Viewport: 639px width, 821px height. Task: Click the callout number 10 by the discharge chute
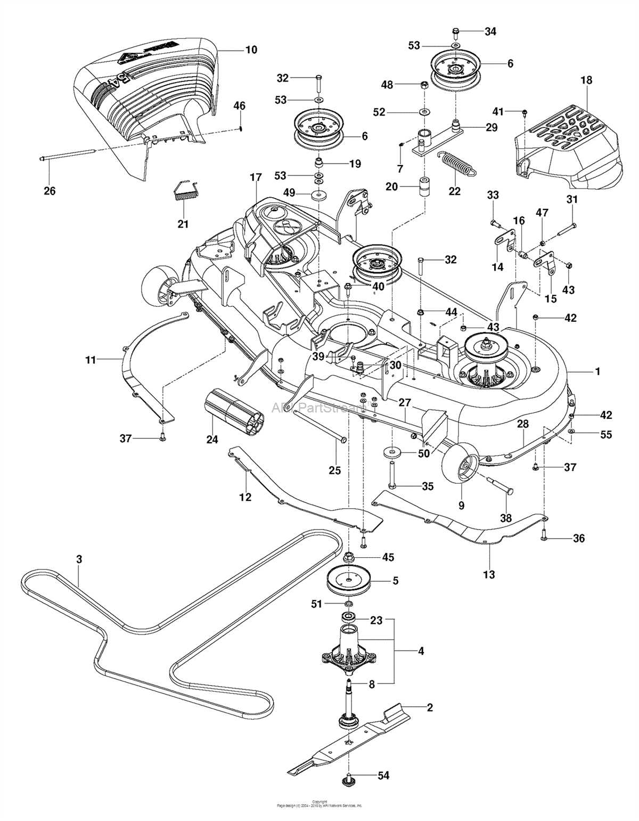point(251,50)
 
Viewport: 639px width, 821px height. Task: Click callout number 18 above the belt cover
point(586,80)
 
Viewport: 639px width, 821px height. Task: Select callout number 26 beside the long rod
point(50,190)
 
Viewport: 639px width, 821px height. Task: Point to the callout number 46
point(239,106)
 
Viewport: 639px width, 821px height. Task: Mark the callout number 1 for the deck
point(597,371)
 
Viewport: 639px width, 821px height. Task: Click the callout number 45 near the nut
point(388,557)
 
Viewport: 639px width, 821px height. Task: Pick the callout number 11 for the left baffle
point(91,360)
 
